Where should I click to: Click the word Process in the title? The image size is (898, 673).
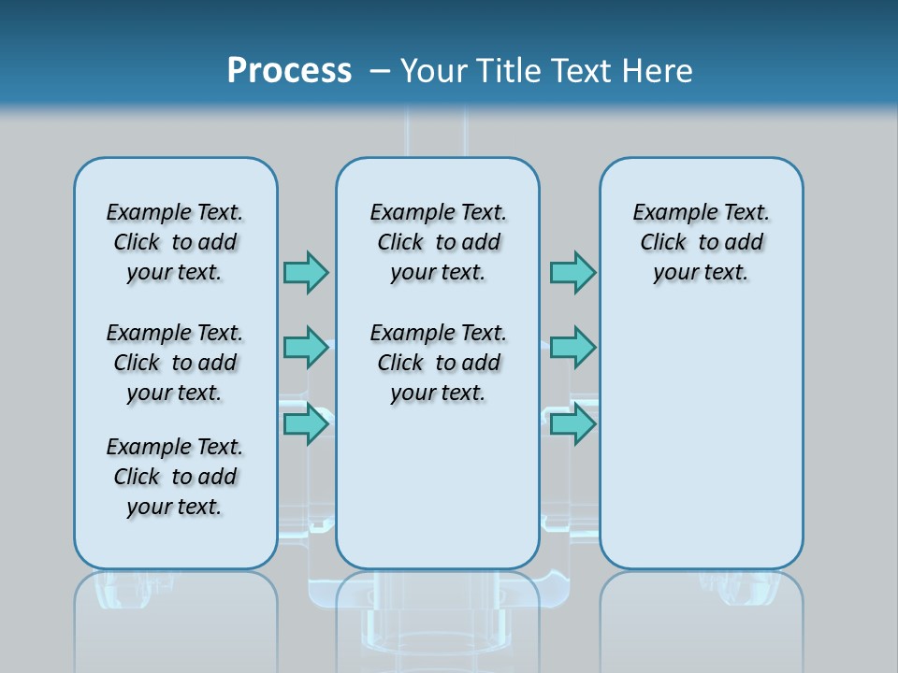[289, 70]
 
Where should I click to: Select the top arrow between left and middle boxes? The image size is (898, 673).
[306, 272]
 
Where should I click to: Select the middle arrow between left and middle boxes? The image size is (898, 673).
[306, 348]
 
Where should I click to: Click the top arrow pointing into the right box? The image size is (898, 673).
[572, 272]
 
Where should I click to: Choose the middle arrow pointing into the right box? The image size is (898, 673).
[572, 348]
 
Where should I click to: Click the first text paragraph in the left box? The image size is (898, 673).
[175, 242]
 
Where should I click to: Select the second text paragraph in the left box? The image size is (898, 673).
[175, 363]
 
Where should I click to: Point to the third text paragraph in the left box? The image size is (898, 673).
[175, 477]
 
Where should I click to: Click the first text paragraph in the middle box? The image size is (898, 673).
[438, 242]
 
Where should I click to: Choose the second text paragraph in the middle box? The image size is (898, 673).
[438, 363]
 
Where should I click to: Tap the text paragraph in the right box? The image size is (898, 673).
[702, 242]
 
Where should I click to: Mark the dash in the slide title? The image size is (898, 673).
[380, 70]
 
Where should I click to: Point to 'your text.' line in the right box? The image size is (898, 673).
[701, 272]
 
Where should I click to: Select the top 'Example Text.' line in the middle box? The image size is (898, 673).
[438, 213]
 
